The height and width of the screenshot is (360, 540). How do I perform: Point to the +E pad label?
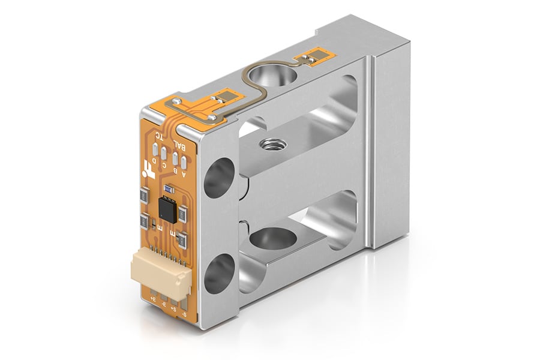[x=153, y=298]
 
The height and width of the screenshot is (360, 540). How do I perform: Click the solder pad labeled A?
[x=184, y=162]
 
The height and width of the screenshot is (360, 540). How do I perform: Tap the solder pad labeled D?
[x=155, y=151]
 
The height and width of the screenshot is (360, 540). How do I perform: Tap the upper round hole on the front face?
[x=217, y=178]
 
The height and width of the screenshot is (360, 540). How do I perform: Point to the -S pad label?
[x=184, y=313]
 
